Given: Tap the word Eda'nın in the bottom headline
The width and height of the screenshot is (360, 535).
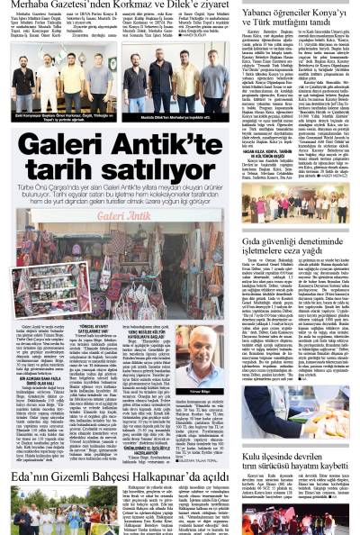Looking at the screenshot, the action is (x=32, y=475).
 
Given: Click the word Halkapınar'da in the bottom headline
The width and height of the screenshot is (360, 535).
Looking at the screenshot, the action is (x=170, y=475).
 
